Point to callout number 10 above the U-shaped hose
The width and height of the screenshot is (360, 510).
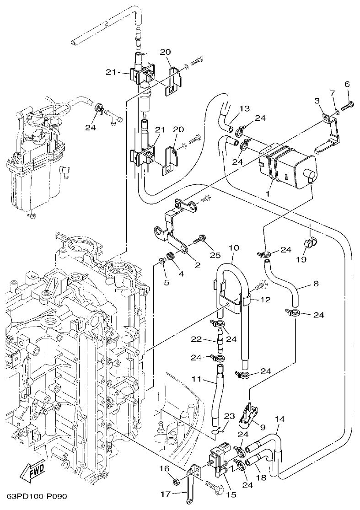(233, 248)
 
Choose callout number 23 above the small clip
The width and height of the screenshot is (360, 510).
(229, 416)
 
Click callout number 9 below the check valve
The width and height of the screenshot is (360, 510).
(263, 428)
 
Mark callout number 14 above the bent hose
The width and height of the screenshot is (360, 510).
(280, 419)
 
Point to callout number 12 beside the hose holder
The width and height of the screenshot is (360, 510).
(265, 300)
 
